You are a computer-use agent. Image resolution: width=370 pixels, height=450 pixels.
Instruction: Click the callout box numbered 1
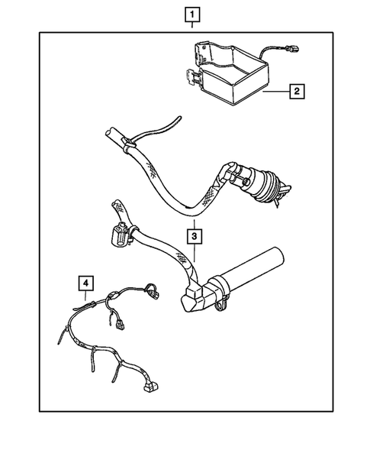[x=192, y=15]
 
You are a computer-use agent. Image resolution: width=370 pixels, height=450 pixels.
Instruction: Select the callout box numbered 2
[x=297, y=91]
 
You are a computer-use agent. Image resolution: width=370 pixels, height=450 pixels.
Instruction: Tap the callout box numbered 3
[x=195, y=237]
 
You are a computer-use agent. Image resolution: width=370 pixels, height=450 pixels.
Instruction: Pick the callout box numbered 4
[x=85, y=283]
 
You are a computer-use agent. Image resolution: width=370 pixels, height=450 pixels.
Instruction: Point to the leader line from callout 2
[x=276, y=92]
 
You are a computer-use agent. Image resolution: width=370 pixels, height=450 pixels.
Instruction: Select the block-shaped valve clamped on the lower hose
[x=120, y=233]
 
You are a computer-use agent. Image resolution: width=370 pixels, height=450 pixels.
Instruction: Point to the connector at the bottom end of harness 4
[x=150, y=387]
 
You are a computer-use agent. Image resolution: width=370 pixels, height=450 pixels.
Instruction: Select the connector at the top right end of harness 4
[x=152, y=292]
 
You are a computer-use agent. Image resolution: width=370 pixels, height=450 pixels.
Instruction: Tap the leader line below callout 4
[x=85, y=296]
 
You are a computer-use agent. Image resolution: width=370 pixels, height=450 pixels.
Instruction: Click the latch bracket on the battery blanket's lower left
[x=192, y=77]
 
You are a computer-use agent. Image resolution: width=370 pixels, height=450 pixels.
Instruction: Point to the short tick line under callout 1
[x=192, y=24]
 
